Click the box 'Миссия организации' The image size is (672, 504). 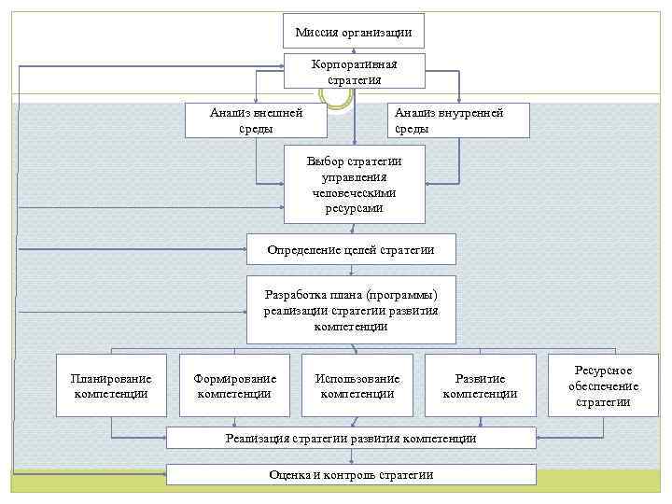click(354, 32)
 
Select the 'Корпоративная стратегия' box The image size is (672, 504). click(354, 71)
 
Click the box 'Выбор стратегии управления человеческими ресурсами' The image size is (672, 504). click(354, 184)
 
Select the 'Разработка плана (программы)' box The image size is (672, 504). click(351, 310)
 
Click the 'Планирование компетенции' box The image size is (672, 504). click(111, 385)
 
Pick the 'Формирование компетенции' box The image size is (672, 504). click(234, 385)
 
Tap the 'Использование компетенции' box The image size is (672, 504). click(357, 385)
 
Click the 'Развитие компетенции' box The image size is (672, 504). click(480, 385)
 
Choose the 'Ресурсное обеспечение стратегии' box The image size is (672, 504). click(602, 385)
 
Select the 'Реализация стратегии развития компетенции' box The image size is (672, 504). click(351, 438)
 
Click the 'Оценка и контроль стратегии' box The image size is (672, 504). click(351, 474)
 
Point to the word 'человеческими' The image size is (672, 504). click(355, 192)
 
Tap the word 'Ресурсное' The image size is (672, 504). click(603, 371)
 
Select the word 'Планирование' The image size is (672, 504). click(111, 378)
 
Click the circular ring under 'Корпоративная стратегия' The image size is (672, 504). click(337, 94)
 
